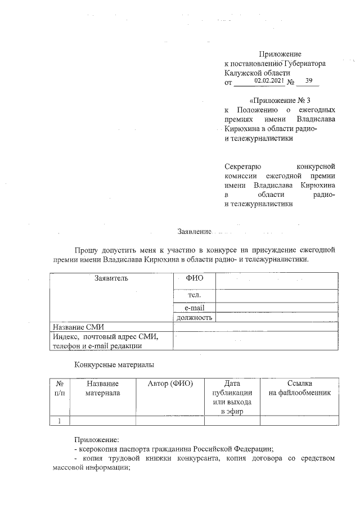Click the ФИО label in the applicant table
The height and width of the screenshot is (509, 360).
[x=194, y=278]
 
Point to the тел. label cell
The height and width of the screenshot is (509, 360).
[x=194, y=295]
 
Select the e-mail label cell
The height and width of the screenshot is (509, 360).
[x=194, y=307]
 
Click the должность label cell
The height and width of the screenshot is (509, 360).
[x=194, y=317]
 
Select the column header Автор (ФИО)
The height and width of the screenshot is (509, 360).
[x=170, y=384]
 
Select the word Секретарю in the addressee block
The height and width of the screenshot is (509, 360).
[x=242, y=167]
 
